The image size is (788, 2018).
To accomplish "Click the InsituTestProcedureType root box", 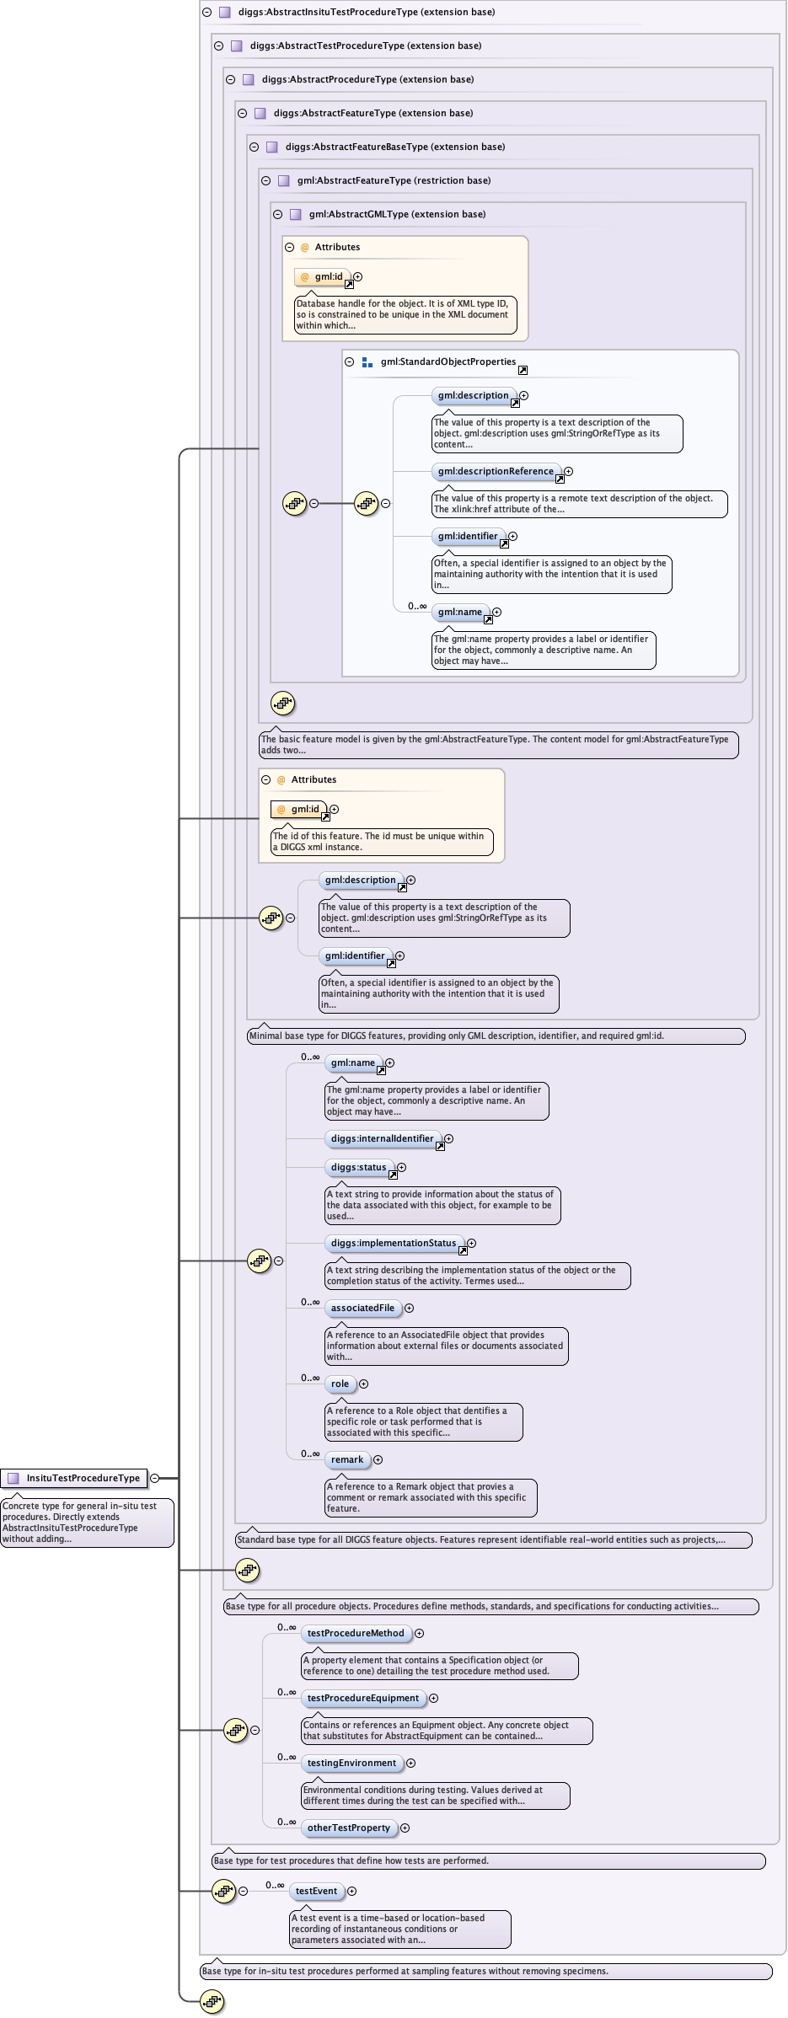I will [83, 1478].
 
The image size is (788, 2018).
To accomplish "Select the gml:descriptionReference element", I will [496, 472].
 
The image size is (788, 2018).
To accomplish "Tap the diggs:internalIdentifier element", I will [382, 1138].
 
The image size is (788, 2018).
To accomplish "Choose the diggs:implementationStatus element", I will [393, 1243].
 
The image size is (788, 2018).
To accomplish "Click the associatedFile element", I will [362, 1308].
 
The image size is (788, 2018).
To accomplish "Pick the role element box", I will [340, 1384].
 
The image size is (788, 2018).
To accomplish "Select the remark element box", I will [347, 1459].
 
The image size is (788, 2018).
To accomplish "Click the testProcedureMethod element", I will [356, 1633].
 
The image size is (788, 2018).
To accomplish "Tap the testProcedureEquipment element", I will [363, 1698].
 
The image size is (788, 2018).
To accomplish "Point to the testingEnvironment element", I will [351, 1763].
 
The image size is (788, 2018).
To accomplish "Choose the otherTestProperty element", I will [349, 1828].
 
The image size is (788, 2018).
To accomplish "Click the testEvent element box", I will [316, 1891].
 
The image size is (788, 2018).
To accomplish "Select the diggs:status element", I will [358, 1167].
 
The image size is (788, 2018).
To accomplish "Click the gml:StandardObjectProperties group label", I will [448, 361].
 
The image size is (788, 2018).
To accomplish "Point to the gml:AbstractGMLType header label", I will [397, 214].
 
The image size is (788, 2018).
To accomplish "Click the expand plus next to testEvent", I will [352, 1891].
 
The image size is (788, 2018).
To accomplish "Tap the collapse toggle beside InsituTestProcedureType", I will [154, 1478].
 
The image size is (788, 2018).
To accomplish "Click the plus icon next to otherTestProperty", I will [405, 1828].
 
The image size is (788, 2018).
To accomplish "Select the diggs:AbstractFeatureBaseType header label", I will [395, 147].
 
